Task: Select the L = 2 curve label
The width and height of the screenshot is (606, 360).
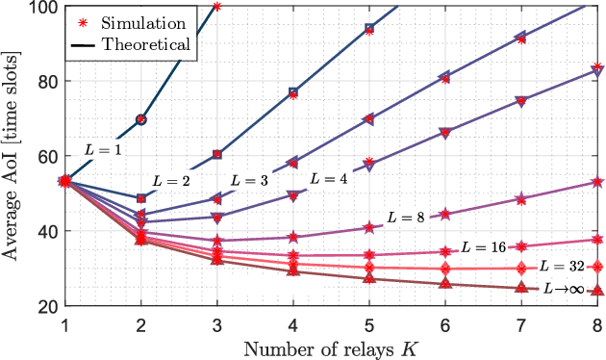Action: point(173,182)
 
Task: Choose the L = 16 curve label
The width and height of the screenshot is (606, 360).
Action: point(483,247)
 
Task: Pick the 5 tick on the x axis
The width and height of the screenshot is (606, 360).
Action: point(368,323)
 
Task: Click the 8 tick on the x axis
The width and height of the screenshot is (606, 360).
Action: point(596,323)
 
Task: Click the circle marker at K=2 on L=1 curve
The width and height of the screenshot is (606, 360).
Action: point(141,119)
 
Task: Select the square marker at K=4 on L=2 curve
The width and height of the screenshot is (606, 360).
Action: point(293,93)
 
